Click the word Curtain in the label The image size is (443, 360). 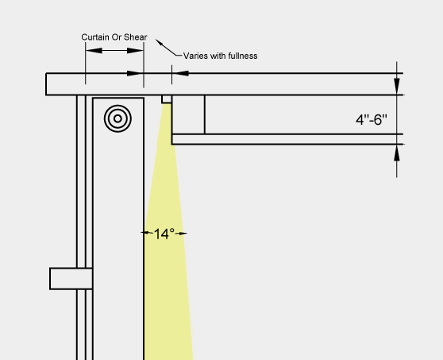92,37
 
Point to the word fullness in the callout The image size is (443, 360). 243,56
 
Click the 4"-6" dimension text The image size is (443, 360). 372,120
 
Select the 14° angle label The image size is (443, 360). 164,234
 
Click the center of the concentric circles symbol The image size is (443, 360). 117,118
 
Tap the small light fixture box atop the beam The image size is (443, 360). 167,99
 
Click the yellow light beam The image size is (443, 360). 167,254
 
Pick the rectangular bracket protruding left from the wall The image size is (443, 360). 71,279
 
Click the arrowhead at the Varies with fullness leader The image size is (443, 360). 159,42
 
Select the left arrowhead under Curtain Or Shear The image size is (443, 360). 94,51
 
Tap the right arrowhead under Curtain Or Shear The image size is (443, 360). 135,51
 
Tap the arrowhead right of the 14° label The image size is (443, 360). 181,234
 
